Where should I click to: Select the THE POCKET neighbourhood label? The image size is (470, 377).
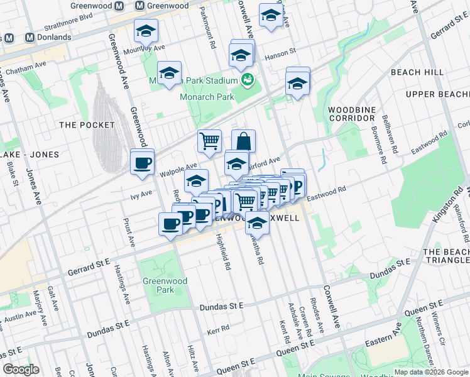(87, 125)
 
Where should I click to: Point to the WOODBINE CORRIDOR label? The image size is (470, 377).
(352, 114)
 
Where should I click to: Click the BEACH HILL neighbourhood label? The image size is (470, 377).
(415, 72)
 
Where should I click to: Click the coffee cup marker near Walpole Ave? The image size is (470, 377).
(142, 163)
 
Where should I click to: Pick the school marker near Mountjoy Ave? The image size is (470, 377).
(146, 31)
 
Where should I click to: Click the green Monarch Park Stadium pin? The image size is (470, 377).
(248, 80)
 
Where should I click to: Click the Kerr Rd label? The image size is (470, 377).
(217, 329)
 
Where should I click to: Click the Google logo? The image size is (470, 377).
(21, 369)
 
